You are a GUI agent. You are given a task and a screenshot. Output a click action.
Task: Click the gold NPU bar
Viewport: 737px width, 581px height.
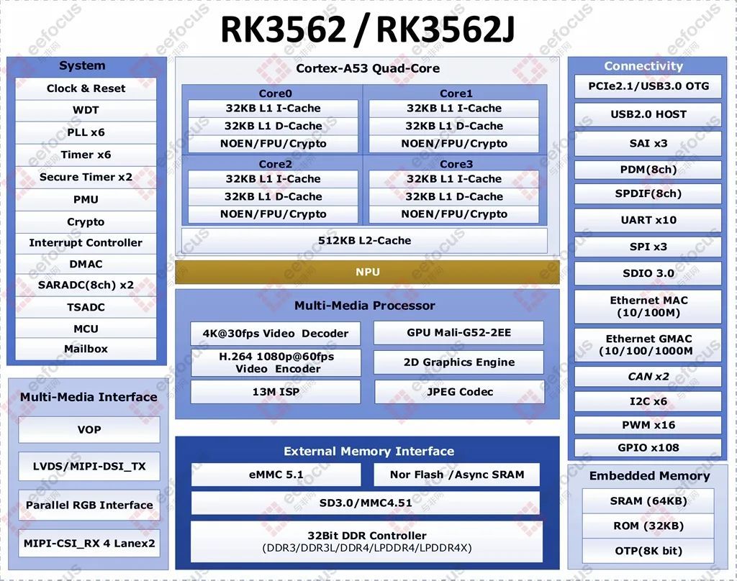[x=367, y=273]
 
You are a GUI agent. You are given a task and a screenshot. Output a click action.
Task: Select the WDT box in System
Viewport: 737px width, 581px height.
[x=86, y=111]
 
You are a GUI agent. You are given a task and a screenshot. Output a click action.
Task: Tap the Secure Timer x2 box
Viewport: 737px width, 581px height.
[x=86, y=177]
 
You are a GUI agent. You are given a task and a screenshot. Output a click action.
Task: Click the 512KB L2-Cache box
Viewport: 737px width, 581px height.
[x=364, y=240]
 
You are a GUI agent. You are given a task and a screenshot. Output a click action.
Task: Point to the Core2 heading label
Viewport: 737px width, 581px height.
[x=276, y=164]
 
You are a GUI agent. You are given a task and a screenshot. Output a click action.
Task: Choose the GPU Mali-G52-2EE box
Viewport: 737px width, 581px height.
[x=458, y=332]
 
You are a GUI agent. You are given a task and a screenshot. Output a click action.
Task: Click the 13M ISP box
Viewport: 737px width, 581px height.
[x=276, y=392]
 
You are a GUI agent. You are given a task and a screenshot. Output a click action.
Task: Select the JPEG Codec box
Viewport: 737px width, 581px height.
[x=459, y=392]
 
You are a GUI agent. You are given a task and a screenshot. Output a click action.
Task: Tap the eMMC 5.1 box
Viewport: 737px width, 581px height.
[x=276, y=475]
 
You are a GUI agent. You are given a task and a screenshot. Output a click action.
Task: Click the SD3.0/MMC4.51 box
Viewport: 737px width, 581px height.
[x=365, y=503]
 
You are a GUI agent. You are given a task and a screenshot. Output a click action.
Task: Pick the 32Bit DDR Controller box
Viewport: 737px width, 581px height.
[x=366, y=541]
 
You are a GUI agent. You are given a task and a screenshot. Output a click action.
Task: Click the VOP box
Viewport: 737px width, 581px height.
[x=89, y=429]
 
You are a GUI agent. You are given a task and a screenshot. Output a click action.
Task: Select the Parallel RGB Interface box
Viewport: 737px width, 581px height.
[x=89, y=505]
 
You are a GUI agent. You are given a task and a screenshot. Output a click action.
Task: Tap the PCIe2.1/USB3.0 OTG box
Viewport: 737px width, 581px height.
[x=648, y=86]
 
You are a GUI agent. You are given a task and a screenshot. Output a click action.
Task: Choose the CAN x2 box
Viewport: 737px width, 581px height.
[x=648, y=376]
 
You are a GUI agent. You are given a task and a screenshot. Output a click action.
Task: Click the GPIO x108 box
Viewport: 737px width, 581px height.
[x=648, y=447]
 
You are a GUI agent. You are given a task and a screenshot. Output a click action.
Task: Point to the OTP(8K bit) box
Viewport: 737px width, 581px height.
[x=648, y=551]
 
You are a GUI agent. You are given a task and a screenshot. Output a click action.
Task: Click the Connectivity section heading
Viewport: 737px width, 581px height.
[x=643, y=65]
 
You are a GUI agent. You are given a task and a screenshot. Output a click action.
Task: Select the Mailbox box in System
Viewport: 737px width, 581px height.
[x=86, y=349]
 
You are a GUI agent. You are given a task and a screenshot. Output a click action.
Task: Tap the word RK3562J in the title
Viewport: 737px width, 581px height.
[x=445, y=29]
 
